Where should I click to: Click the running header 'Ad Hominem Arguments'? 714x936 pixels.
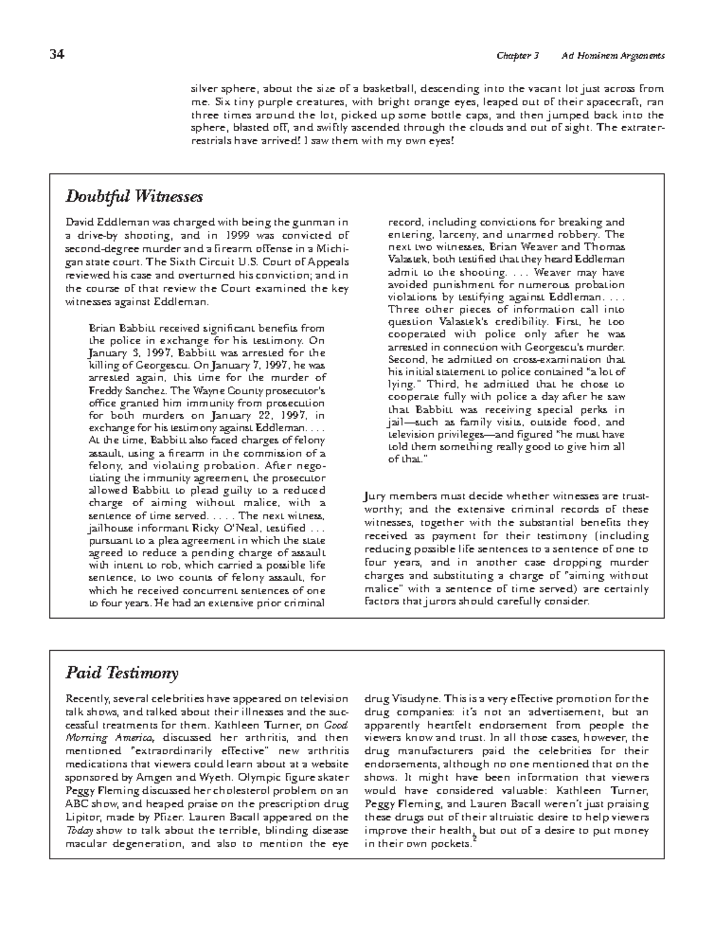(x=613, y=56)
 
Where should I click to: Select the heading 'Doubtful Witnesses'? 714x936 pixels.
(x=134, y=196)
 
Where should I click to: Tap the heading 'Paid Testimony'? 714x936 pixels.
(x=122, y=673)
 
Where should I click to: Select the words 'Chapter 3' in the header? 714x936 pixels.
(x=518, y=56)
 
